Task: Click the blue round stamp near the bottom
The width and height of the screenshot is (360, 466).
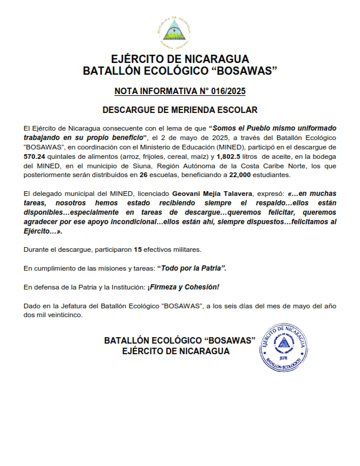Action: [283, 346]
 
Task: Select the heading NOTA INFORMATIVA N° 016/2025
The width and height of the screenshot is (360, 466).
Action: [180, 91]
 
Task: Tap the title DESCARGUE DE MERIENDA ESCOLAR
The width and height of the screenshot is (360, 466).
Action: [180, 110]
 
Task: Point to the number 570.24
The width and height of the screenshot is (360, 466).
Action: [35, 156]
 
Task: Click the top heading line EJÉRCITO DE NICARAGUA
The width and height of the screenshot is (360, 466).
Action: [180, 59]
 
